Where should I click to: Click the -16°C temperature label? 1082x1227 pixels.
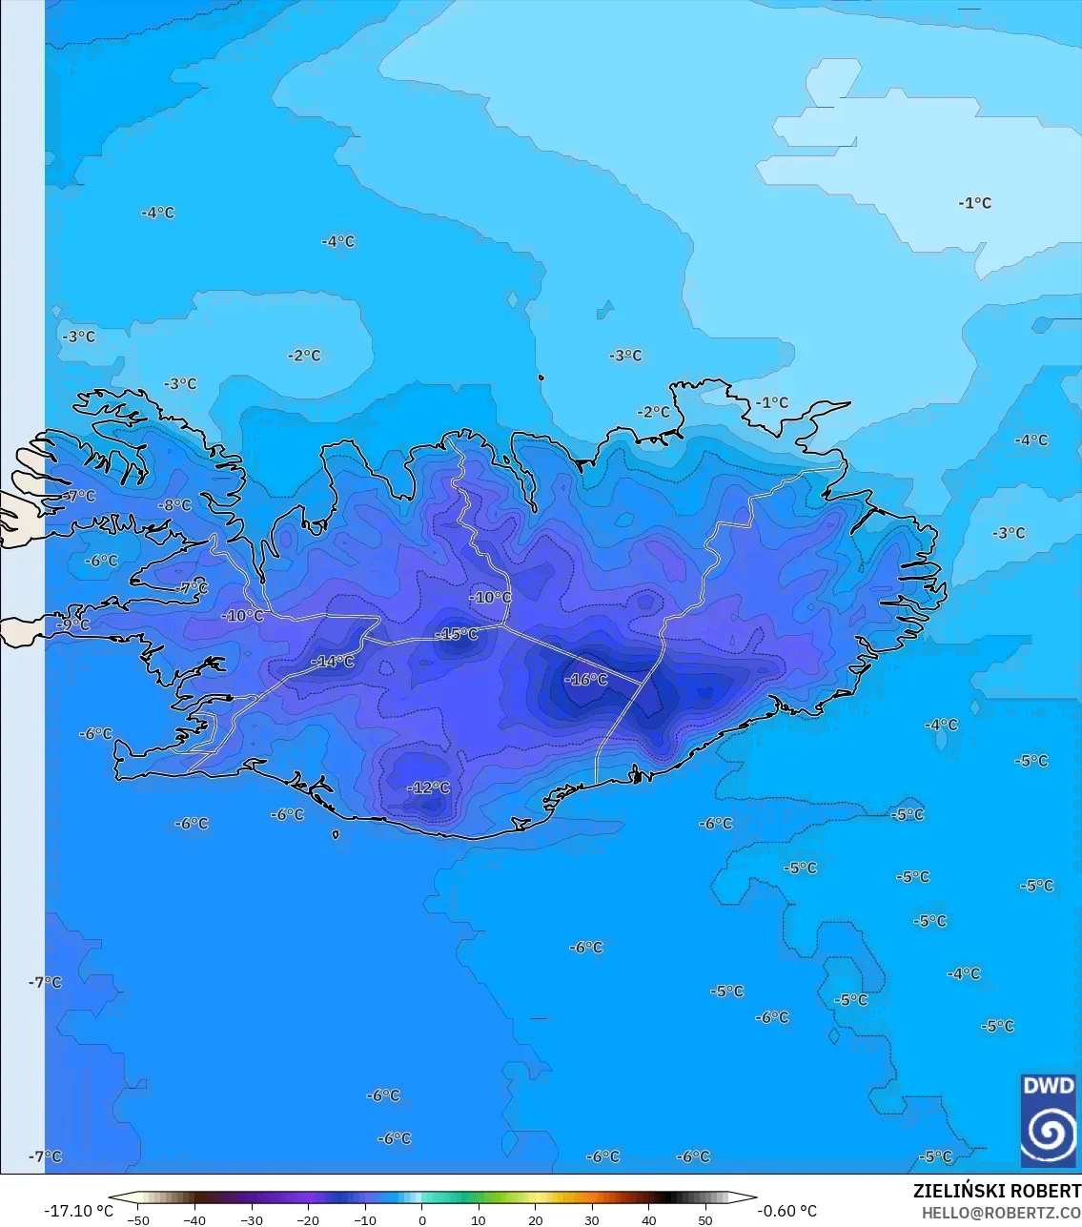[x=585, y=680]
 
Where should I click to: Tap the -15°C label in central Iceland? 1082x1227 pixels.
[x=456, y=634]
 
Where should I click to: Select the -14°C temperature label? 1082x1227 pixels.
[x=332, y=661]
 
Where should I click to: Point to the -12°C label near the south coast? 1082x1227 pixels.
[x=428, y=787]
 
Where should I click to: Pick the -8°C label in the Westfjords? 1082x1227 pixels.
[x=174, y=505]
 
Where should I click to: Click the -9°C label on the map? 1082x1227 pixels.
[x=73, y=624]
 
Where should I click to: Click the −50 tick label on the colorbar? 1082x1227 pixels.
[x=137, y=1219]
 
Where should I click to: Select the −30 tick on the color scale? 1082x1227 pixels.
[x=251, y=1219]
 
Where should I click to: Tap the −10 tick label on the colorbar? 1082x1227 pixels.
[x=364, y=1219]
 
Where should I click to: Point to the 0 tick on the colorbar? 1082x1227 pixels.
[x=421, y=1219]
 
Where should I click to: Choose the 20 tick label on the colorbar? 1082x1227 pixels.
[x=535, y=1219]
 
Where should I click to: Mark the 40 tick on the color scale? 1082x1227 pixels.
[x=648, y=1219]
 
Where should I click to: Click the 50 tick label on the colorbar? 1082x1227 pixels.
[x=704, y=1219]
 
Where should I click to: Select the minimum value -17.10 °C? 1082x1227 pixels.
[x=78, y=1211]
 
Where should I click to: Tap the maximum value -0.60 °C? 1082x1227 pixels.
[x=786, y=1211]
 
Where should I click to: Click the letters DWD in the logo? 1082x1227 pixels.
[x=1048, y=1086]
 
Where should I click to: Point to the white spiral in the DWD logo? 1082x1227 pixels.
[x=1048, y=1132]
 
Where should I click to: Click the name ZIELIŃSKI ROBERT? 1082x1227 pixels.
[x=996, y=1191]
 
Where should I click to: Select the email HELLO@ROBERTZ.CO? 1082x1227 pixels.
[x=1001, y=1212]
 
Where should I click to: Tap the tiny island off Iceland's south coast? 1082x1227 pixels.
[x=336, y=834]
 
